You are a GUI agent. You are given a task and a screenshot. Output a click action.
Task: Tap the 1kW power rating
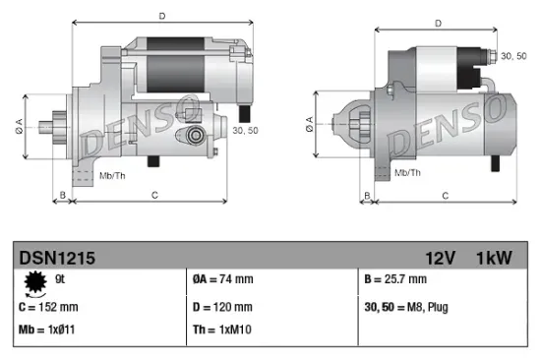(494, 258)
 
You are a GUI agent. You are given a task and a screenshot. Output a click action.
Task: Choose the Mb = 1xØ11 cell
(48, 331)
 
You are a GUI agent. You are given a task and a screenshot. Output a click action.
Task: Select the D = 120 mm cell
(224, 307)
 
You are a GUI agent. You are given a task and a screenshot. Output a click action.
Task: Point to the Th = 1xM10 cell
(222, 331)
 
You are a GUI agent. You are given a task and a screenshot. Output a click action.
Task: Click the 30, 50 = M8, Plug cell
(405, 307)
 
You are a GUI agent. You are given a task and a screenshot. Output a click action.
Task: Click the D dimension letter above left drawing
(161, 15)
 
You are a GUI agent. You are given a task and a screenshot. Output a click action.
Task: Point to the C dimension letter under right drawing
(444, 196)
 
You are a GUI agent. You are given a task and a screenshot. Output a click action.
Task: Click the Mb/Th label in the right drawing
(407, 173)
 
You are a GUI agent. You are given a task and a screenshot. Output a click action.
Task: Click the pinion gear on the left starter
(51, 126)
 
